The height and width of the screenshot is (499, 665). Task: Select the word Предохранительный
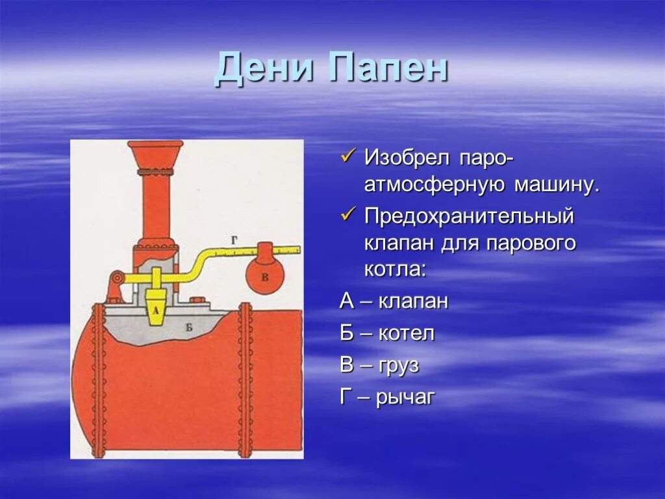[469, 216]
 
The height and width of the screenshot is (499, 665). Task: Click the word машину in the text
[555, 185]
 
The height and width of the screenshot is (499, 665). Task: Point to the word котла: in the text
[395, 269]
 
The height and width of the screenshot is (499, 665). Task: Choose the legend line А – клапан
[394, 301]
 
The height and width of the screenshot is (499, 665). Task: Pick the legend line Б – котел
[387, 333]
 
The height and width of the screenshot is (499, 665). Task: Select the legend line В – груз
[379, 365]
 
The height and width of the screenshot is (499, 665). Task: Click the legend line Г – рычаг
[386, 397]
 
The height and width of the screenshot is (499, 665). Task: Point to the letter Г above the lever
[234, 240]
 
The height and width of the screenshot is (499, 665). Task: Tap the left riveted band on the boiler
[99, 380]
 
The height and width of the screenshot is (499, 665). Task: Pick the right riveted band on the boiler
[245, 380]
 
